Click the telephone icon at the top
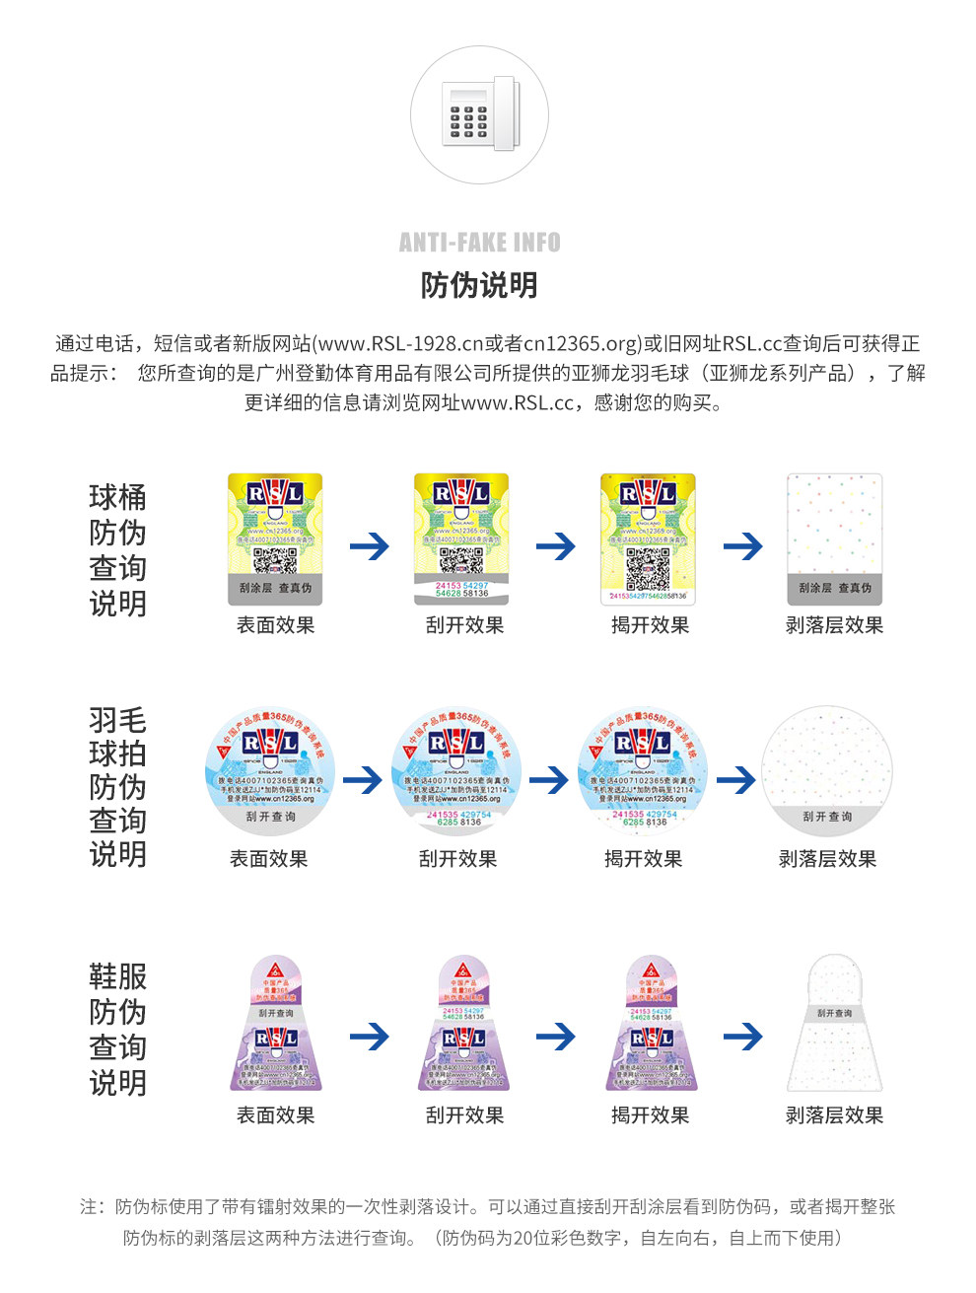pyautogui.click(x=479, y=114)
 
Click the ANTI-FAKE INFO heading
pyautogui.click(x=479, y=243)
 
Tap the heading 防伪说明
pyautogui.click(x=479, y=286)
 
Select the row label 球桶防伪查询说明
pyautogui.click(x=117, y=550)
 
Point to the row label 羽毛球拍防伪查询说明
pyautogui.click(x=117, y=787)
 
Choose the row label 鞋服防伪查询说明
pyautogui.click(x=117, y=1030)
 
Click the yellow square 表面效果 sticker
pyautogui.click(x=275, y=539)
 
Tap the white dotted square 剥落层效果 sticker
pyautogui.click(x=834, y=539)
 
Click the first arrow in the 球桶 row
pyautogui.click(x=370, y=545)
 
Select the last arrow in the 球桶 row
pyautogui.click(x=742, y=545)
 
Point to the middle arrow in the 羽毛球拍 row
pyautogui.click(x=549, y=781)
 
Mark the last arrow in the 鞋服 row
pyautogui.click(x=742, y=1037)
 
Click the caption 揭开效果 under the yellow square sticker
pyautogui.click(x=650, y=625)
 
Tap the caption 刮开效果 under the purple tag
pyautogui.click(x=464, y=1115)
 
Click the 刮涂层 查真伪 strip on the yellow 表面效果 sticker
pyautogui.click(x=275, y=588)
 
